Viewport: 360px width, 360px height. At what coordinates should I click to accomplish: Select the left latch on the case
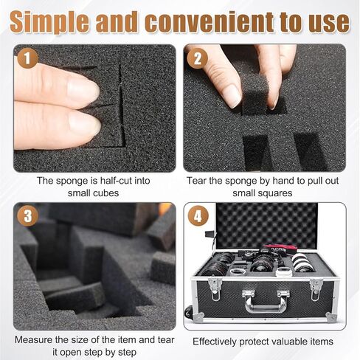[x=213, y=286]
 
